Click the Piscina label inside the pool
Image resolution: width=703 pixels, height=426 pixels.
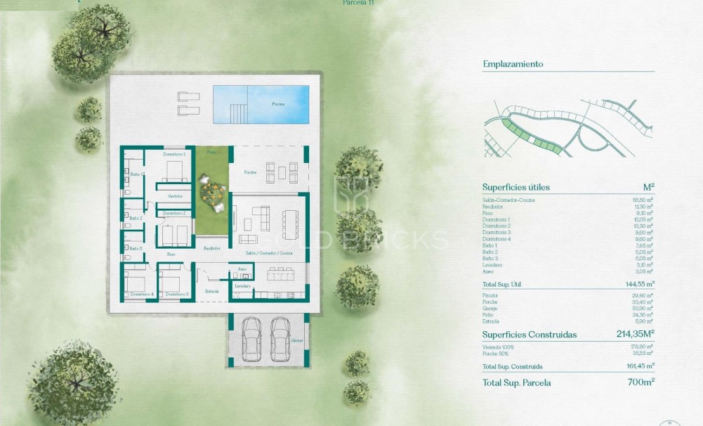pos(279,104)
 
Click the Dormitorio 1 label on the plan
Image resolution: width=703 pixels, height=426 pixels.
pos(173,153)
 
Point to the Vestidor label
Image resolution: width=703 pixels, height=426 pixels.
pos(176,196)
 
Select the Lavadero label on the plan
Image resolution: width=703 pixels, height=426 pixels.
pos(243,286)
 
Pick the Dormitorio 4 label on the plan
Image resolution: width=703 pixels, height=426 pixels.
pos(143,293)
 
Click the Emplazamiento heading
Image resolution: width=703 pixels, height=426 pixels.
pos(513,64)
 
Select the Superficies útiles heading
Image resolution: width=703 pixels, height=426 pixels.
pos(515,187)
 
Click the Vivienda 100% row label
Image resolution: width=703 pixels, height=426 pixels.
pos(498,347)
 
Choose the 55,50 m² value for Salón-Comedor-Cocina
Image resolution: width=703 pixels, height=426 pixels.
pos(643,200)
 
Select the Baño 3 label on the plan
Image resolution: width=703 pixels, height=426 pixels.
pos(136,248)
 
